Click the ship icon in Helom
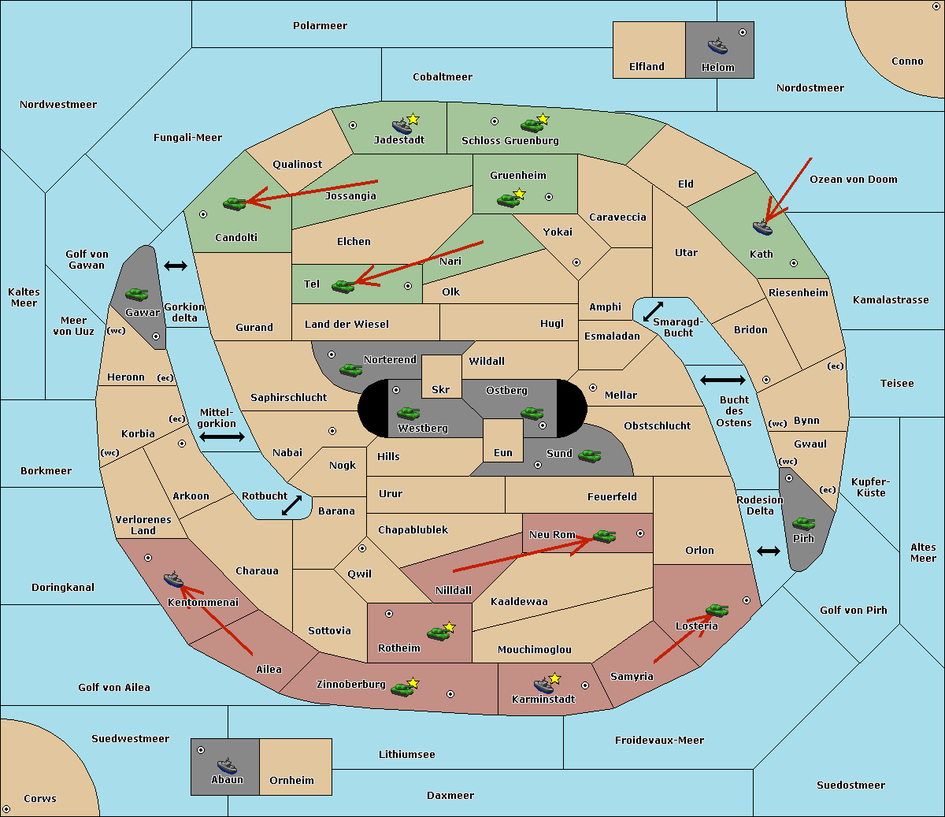[x=717, y=46]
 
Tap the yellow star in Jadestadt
[x=413, y=120]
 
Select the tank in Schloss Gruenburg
[x=531, y=125]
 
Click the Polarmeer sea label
[x=320, y=26]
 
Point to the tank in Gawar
[x=137, y=294]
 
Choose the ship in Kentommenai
[x=173, y=579]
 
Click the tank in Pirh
[x=803, y=523]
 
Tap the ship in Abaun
[x=227, y=765]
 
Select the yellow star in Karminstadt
[x=554, y=678]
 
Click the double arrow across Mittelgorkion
[x=222, y=436]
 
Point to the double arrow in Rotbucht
[x=291, y=506]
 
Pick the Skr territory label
[x=441, y=389]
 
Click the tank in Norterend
[x=350, y=370]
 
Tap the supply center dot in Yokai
[x=576, y=262]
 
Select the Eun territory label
[x=503, y=452]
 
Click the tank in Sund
[x=589, y=456]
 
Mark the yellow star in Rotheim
[x=450, y=627]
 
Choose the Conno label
[x=907, y=61]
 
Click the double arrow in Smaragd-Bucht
[x=653, y=311]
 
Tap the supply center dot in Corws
[x=6, y=809]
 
